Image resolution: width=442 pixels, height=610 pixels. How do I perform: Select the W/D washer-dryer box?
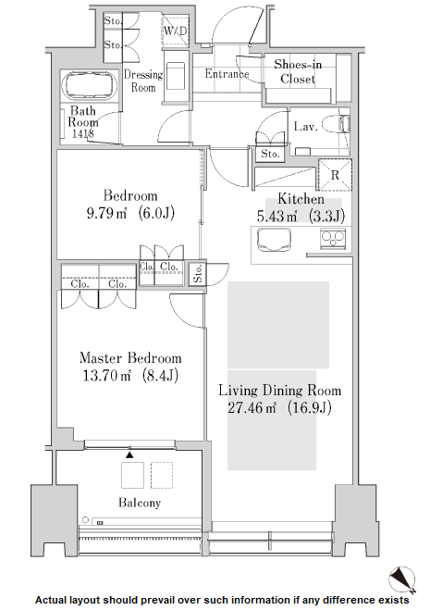pyautogui.click(x=175, y=31)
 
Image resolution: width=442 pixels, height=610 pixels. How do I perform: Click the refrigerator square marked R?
pyautogui.click(x=335, y=175)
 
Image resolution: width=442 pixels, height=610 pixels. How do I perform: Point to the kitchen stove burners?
pyautogui.click(x=332, y=238)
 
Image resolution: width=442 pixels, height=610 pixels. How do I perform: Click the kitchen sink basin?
pyautogui.click(x=274, y=239)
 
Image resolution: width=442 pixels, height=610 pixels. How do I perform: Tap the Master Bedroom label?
pyautogui.click(x=130, y=358)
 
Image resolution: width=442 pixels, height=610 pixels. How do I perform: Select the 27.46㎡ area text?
pyautogui.click(x=252, y=407)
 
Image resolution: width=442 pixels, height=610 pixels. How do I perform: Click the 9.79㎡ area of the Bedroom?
pyautogui.click(x=106, y=213)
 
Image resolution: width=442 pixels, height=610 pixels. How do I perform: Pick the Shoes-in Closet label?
pyautogui.click(x=298, y=71)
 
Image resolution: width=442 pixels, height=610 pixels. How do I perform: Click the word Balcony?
pyautogui.click(x=140, y=503)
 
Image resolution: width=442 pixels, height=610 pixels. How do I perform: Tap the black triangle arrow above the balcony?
pyautogui.click(x=129, y=454)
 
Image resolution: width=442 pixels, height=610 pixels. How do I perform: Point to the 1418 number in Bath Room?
pyautogui.click(x=83, y=134)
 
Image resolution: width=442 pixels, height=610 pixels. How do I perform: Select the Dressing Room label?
pyautogui.click(x=143, y=81)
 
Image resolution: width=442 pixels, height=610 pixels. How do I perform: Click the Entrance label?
pyautogui.click(x=227, y=73)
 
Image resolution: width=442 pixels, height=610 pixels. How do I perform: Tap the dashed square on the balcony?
pyautogui.click(x=162, y=475)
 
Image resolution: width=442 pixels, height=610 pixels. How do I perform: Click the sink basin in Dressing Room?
pyautogui.click(x=175, y=74)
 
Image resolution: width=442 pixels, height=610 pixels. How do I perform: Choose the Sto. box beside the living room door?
pyautogui.click(x=198, y=274)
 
